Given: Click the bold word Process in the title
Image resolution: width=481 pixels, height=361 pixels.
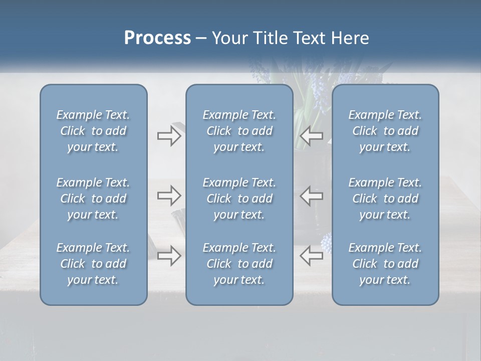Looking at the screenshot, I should (x=157, y=38).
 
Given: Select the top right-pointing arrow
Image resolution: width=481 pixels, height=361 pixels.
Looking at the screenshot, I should (x=169, y=136).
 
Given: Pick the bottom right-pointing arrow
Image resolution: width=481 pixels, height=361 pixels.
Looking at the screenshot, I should (x=169, y=255).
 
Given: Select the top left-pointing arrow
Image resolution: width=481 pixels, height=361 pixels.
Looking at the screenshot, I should (x=311, y=136).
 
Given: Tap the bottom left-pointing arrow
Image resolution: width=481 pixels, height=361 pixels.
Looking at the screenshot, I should (x=311, y=255).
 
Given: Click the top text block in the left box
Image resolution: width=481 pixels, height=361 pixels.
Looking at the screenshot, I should (x=93, y=131).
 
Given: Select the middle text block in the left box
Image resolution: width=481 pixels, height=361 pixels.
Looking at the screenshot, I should (x=93, y=199).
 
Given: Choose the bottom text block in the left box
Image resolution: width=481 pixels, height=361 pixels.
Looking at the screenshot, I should (x=93, y=264).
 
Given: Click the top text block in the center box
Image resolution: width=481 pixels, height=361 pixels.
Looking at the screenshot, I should (x=239, y=131).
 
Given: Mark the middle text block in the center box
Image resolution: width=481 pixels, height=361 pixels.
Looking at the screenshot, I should (x=239, y=199).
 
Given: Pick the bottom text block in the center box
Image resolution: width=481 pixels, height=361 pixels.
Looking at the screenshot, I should (x=239, y=264).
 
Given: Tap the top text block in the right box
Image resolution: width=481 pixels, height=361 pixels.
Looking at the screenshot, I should (x=385, y=131).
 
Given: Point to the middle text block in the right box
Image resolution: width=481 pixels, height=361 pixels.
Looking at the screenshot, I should (x=385, y=199).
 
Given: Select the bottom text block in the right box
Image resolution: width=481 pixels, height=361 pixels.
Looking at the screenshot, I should (x=385, y=264).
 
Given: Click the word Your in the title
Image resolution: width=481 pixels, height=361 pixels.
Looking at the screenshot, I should (x=227, y=38).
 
